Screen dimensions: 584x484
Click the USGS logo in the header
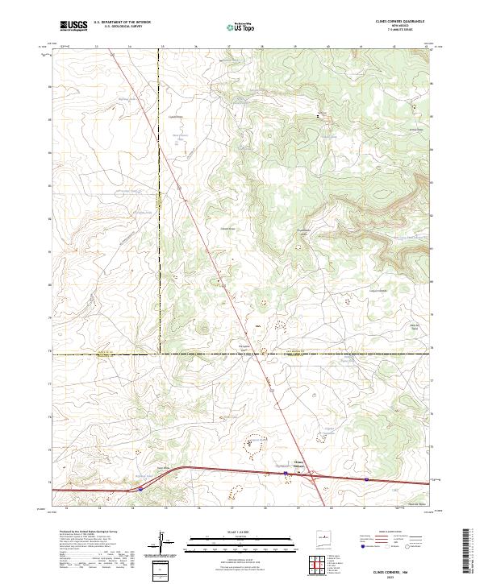73,26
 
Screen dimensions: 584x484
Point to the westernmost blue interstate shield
139,488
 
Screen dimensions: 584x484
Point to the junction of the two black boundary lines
160,352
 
